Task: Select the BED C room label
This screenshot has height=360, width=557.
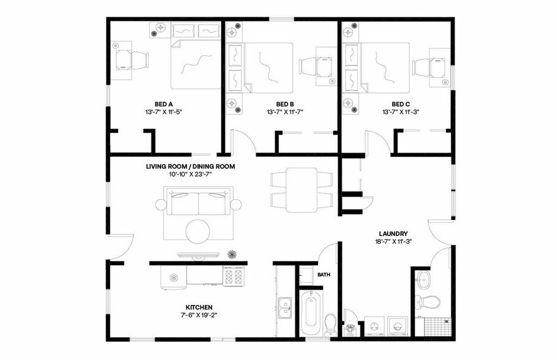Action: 401,103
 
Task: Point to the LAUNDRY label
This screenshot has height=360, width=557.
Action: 393,233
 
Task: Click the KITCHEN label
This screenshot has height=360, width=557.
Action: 199,307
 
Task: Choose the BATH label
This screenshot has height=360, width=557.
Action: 324,275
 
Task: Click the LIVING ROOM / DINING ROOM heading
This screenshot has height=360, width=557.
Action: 191,167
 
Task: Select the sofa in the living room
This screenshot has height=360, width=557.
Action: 199,203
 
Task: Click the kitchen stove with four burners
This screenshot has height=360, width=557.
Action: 234,277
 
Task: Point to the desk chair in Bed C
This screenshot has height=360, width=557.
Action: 422,66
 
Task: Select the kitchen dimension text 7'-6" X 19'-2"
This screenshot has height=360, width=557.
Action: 199,316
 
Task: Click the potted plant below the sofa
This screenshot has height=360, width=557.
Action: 232,253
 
